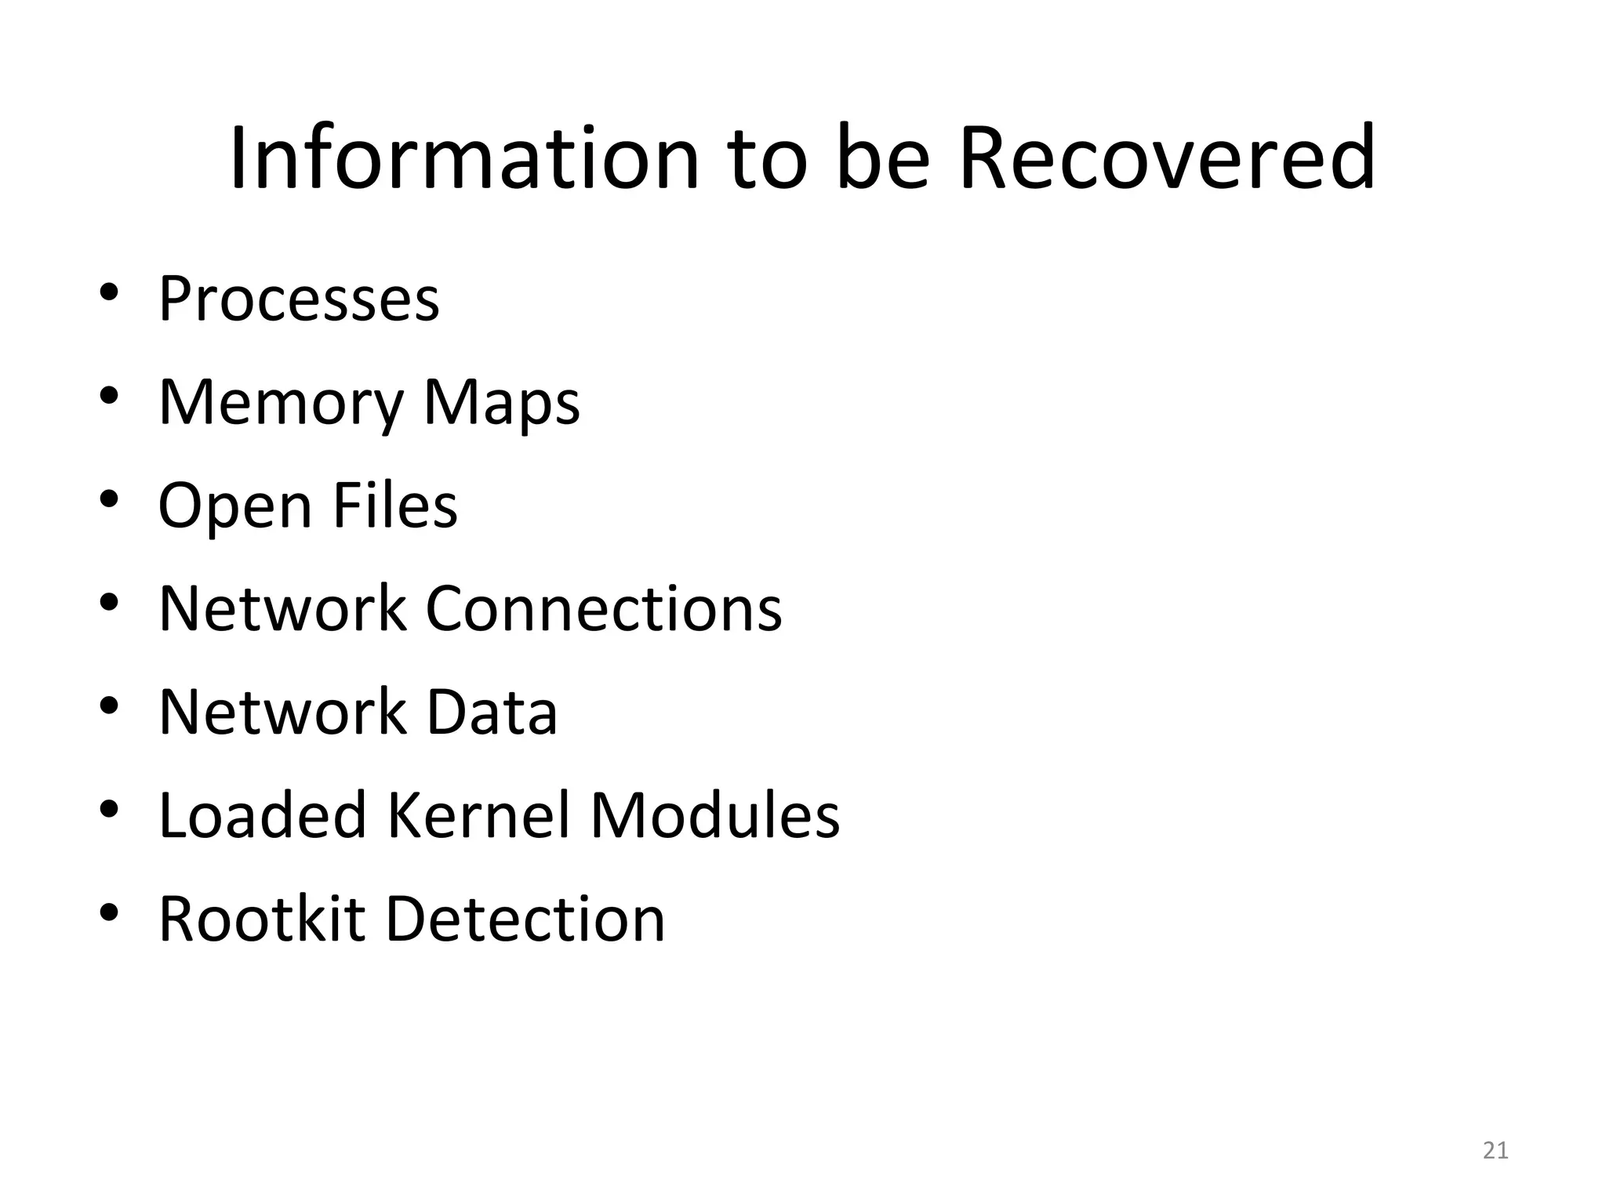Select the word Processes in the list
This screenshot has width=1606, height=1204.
point(299,299)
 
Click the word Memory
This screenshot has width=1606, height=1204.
point(280,403)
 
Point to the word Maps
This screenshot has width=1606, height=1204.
point(502,403)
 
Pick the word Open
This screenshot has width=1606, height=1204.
point(234,506)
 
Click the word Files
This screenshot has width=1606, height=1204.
point(394,505)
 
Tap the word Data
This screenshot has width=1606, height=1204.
point(491,712)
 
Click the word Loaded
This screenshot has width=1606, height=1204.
point(263,815)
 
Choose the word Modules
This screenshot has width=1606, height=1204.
point(714,815)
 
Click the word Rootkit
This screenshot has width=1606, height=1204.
point(262,919)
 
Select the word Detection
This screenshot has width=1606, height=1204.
point(525,919)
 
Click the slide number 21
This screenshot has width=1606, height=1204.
point(1495,1151)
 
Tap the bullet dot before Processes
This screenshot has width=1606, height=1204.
point(109,292)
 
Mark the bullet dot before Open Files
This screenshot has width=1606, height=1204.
point(109,499)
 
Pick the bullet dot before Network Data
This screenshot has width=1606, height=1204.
point(109,705)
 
